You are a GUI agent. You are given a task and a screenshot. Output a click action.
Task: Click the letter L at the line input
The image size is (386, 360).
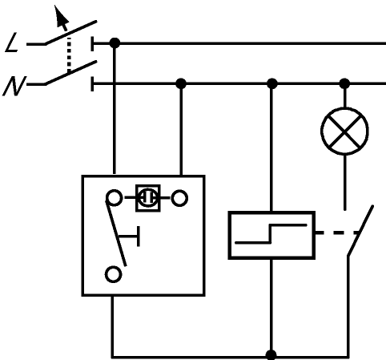[12, 42]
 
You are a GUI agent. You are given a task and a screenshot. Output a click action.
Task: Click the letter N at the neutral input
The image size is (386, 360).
[14, 86]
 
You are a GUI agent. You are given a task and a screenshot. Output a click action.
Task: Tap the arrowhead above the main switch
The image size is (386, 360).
[61, 17]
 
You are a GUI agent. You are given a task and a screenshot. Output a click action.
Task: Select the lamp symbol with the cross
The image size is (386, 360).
[344, 131]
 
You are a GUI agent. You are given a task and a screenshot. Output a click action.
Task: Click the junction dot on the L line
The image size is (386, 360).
[115, 43]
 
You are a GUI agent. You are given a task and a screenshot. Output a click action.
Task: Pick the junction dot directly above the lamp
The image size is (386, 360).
[344, 83]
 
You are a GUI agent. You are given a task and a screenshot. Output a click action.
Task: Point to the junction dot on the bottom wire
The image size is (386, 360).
[271, 355]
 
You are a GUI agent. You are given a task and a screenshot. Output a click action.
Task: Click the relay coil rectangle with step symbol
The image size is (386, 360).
[271, 235]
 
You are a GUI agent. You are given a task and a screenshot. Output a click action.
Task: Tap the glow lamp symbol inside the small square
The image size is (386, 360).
[148, 198]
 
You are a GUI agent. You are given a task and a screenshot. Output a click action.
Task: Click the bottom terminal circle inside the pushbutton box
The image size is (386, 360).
[114, 274]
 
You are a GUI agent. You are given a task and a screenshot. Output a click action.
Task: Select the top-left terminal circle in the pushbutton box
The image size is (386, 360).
[115, 198]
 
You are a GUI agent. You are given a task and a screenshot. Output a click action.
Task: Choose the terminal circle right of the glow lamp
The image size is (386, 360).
[179, 198]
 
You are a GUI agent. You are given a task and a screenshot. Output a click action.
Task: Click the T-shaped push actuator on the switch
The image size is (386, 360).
[130, 237]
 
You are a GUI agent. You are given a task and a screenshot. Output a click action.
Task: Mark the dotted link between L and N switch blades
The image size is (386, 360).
[69, 55]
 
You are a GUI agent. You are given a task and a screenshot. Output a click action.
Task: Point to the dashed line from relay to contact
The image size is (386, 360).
[337, 233]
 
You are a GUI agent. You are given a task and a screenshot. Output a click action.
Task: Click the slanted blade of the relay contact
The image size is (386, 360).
[360, 230]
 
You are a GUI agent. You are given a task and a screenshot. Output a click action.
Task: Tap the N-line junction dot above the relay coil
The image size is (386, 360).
[271, 83]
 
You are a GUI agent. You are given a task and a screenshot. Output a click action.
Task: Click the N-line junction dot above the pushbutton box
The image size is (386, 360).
[181, 83]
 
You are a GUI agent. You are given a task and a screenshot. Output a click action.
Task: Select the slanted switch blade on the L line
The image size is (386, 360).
[70, 32]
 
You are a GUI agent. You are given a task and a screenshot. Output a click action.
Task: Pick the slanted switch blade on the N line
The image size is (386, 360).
[70, 73]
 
